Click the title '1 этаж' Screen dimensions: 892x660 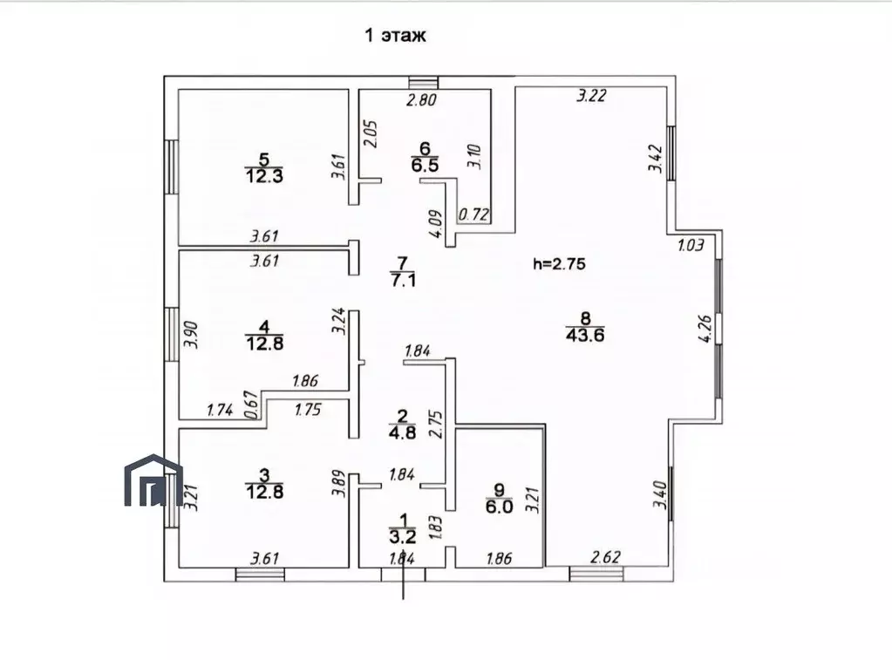tap(395, 36)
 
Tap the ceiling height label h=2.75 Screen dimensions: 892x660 tap(559, 263)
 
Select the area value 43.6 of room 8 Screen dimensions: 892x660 tap(585, 335)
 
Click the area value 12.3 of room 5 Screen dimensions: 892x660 tap(264, 176)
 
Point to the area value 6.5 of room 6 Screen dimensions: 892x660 tap(425, 166)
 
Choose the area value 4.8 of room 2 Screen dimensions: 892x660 tap(402, 432)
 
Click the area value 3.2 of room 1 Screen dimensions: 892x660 tap(403, 536)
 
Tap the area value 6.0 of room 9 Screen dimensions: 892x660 tap(499, 507)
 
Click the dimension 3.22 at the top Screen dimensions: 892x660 tap(592, 95)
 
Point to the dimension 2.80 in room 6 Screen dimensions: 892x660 tap(421, 100)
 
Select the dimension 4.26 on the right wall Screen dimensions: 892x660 tap(705, 329)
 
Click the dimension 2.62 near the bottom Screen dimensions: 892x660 tap(605, 556)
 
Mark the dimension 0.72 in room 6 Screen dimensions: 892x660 tap(473, 214)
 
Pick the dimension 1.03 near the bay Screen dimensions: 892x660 tap(691, 245)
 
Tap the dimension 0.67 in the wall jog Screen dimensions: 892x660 tap(251, 405)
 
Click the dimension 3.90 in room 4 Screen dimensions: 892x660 tap(191, 335)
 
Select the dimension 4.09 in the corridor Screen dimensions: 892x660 tap(435, 225)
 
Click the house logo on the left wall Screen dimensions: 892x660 tap(153, 480)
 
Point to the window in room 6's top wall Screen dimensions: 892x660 tap(424, 83)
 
